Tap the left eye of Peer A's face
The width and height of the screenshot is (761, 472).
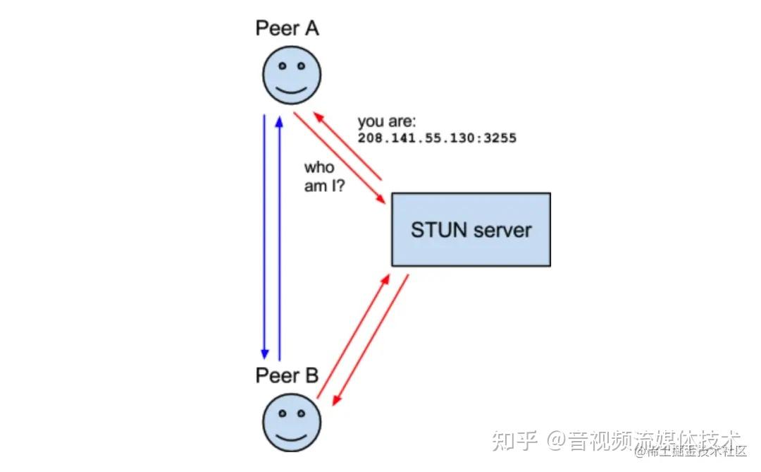pos(282,66)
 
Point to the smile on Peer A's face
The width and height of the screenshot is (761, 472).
pos(292,90)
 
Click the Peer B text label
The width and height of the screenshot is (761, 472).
pos(287,375)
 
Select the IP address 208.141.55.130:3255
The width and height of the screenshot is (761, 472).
pos(437,138)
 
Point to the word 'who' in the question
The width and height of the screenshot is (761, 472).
pos(319,168)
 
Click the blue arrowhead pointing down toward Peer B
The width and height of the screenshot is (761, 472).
pos(265,353)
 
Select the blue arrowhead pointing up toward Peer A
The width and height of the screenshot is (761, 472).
pos(280,121)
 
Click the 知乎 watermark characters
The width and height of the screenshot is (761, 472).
pos(516,441)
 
